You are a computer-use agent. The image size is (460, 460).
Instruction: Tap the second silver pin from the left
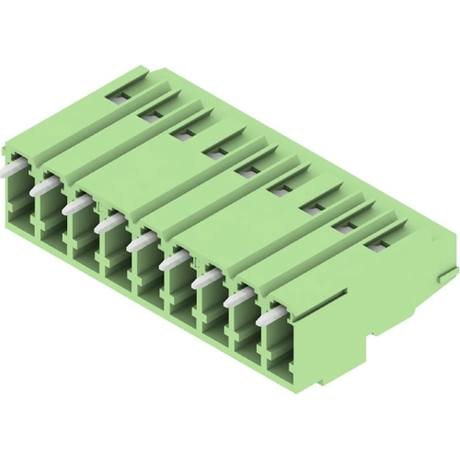coord(45,186)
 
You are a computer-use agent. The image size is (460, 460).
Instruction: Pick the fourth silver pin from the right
coord(172,264)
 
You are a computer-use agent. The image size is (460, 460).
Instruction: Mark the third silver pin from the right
coord(204,282)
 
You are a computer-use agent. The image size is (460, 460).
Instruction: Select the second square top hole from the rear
coord(148,114)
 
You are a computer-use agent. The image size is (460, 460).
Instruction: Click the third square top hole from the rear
coord(178,131)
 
